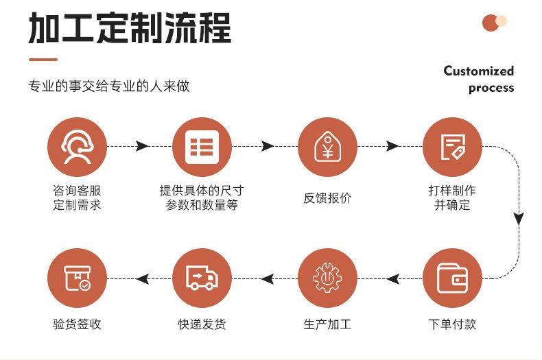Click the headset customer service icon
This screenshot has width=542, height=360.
pyautogui.click(x=77, y=146)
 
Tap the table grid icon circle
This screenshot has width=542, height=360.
pyautogui.click(x=202, y=146)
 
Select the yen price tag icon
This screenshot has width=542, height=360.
pyautogui.click(x=327, y=146)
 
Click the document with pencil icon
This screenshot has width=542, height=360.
pyautogui.click(x=452, y=146)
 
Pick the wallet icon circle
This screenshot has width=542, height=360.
pyautogui.click(x=452, y=278)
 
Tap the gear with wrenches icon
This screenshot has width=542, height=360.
pyautogui.click(x=327, y=278)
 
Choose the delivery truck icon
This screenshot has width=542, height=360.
pyautogui.click(x=202, y=278)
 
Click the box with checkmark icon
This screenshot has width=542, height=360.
pyautogui.click(x=77, y=278)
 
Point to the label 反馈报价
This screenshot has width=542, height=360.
pyautogui.click(x=327, y=198)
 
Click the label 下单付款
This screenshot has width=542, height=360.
pyautogui.click(x=452, y=324)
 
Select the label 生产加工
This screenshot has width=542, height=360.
pyautogui.click(x=327, y=324)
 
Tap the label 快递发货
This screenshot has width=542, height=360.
pyautogui.click(x=202, y=324)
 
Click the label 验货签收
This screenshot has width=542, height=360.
pyautogui.click(x=77, y=324)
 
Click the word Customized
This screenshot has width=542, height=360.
pyautogui.click(x=478, y=71)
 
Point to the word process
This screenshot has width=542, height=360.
pyautogui.click(x=491, y=88)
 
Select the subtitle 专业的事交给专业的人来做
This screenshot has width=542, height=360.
pyautogui.click(x=108, y=86)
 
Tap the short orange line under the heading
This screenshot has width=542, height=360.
pyautogui.click(x=43, y=59)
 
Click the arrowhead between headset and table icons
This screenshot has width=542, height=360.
pyautogui.click(x=142, y=146)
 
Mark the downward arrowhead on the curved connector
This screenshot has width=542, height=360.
pyautogui.click(x=519, y=219)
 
